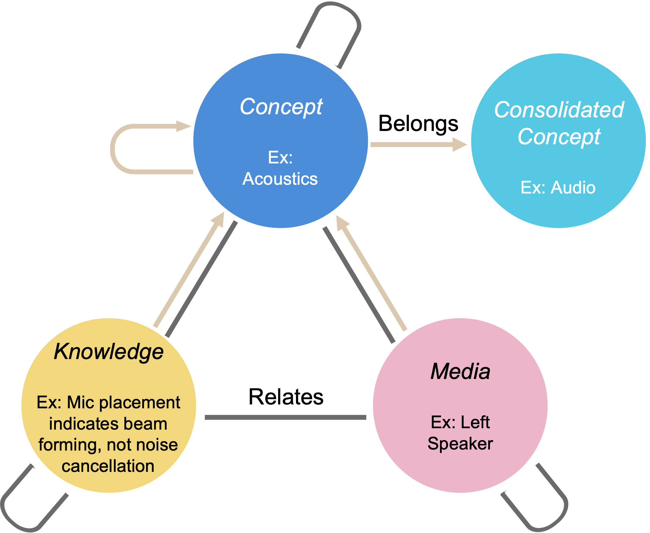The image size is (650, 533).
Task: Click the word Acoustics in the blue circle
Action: coord(280,179)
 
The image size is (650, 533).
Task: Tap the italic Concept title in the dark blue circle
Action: coord(281,107)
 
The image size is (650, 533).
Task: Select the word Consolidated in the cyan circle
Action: coord(559,110)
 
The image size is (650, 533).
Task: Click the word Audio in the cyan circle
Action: coord(573,188)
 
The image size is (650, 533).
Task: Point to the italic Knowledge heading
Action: coord(109,351)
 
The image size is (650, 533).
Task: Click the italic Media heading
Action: coord(460,371)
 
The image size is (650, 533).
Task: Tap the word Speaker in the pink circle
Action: coord(460,444)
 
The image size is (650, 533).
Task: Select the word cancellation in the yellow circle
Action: coord(108,466)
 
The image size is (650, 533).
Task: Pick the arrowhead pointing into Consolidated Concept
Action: coord(460,145)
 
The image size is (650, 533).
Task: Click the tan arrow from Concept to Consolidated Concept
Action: coord(412,145)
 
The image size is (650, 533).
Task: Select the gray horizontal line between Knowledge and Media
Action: coord(286,417)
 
